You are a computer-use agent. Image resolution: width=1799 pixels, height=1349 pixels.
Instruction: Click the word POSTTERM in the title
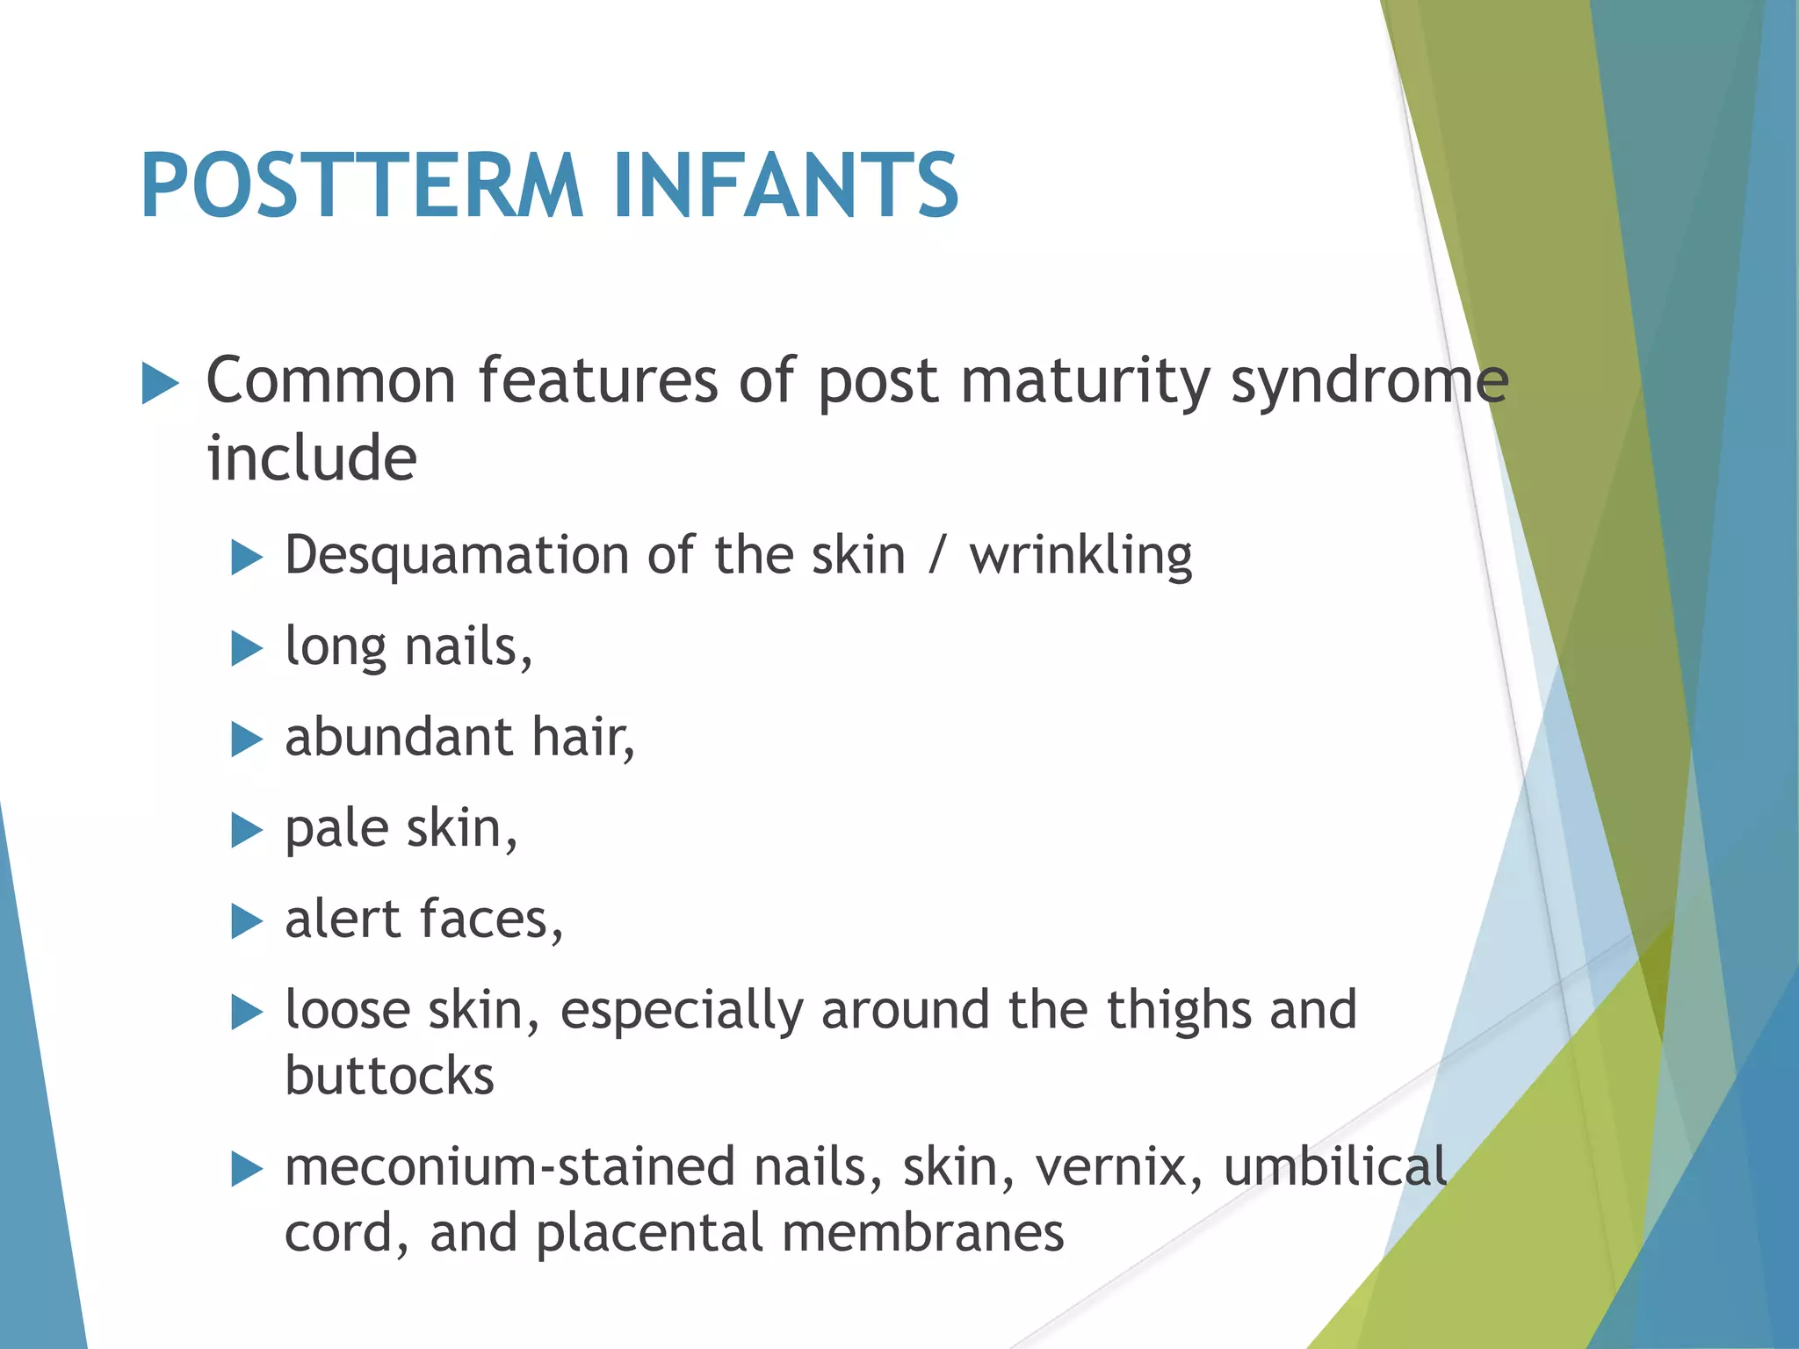[361, 185]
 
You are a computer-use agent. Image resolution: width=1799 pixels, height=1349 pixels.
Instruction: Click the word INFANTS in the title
[785, 185]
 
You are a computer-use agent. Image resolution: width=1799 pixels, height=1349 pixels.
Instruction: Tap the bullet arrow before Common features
[160, 385]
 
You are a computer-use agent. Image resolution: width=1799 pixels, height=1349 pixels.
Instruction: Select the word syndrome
[1369, 383]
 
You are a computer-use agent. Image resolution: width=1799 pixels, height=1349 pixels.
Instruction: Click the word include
[311, 458]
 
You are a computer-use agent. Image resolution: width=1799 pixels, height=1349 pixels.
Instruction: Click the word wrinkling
[1080, 557]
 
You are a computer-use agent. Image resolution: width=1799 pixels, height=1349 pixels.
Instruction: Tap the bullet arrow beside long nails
[247, 649]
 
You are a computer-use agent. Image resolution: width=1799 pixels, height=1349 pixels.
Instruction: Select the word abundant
[398, 737]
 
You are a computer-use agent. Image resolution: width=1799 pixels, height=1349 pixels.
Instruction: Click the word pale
[336, 830]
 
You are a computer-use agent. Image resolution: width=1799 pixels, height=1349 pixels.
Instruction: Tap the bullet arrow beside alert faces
[247, 921]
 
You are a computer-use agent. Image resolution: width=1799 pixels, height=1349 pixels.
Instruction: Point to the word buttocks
[389, 1076]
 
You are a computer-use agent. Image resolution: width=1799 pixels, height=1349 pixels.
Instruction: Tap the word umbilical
[1334, 1168]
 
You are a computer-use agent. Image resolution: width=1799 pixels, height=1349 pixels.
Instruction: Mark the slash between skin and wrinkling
[937, 557]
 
